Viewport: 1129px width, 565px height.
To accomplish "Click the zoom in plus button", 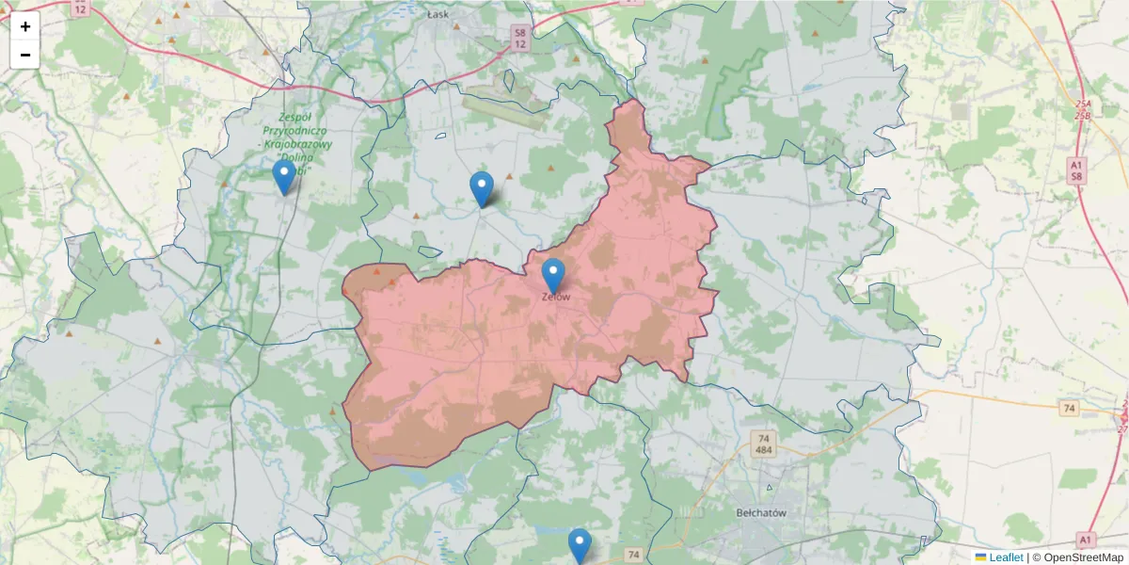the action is click(25, 26).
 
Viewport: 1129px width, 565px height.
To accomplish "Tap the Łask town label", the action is click(438, 15).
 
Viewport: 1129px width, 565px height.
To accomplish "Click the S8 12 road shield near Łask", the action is click(519, 38).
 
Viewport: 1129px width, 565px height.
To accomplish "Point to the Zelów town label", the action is click(555, 297).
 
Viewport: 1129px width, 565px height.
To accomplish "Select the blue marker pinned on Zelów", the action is click(553, 275).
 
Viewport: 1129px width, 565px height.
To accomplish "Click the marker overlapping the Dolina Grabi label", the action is click(283, 176).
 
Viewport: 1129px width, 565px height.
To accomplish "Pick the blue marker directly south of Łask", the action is click(482, 188).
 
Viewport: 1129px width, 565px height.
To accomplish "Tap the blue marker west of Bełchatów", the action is click(580, 544).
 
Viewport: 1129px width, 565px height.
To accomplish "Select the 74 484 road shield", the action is click(764, 444).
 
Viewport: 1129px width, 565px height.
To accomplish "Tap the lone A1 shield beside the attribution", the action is click(1086, 540).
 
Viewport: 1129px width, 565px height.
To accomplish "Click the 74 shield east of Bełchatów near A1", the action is click(1068, 408).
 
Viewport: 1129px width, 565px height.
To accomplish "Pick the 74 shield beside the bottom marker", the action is click(633, 555).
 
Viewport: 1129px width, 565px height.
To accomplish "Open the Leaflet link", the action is click(1006, 557).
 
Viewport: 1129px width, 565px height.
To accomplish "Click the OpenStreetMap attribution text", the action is click(1077, 557).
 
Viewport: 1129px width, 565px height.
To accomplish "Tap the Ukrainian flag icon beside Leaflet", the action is click(980, 557).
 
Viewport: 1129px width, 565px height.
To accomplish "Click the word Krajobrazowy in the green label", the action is click(297, 143).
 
